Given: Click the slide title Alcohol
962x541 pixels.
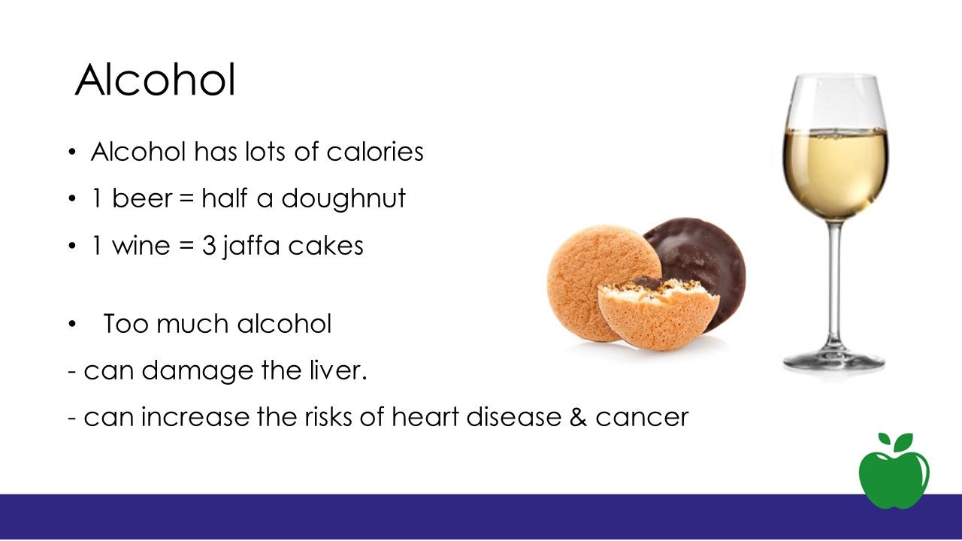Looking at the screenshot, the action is (x=156, y=80).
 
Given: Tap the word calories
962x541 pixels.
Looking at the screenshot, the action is (x=375, y=152).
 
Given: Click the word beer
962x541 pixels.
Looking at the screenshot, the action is (x=142, y=198).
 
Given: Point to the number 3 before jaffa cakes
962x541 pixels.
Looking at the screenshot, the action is (x=209, y=246).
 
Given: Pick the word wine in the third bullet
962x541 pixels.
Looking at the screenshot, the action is (x=141, y=246).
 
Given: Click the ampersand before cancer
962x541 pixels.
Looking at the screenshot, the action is (x=578, y=417).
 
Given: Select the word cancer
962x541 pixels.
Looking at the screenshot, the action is (x=642, y=417).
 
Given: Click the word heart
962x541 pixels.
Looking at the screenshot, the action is (x=425, y=416).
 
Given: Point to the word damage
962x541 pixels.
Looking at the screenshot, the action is (x=197, y=371).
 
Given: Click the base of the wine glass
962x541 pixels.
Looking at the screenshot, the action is (x=833, y=361).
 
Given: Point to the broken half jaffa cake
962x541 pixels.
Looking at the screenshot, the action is (x=658, y=314).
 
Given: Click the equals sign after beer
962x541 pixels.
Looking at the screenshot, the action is (x=187, y=199).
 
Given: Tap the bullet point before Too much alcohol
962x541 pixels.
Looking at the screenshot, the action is (x=71, y=324).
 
